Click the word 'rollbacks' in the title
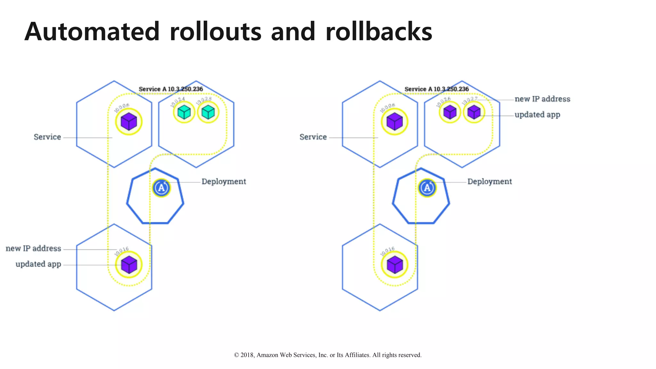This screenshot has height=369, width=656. coord(379,32)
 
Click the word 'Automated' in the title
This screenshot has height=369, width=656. coord(92,32)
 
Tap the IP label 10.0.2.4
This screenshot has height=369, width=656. coord(177,102)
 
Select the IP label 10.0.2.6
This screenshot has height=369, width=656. coord(443,102)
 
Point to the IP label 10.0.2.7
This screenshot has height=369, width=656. coord(470,101)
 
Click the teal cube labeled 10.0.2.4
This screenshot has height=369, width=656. coord(184,112)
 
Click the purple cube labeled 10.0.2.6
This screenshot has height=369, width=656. coord(450,112)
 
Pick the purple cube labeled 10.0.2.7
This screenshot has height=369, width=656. coord(474,112)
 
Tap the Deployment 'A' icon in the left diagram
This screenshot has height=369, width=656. coord(161,188)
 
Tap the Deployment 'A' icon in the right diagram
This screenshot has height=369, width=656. coord(427,188)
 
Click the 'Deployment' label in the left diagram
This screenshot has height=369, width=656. coord(224,182)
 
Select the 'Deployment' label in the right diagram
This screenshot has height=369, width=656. coord(489,182)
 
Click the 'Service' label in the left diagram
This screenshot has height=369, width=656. coord(47,137)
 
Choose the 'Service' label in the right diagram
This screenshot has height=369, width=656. coord(313,137)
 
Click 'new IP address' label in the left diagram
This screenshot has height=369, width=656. coord(33,249)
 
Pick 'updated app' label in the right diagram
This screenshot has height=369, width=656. coord(537,115)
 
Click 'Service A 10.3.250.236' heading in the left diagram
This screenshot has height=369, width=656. coord(171,89)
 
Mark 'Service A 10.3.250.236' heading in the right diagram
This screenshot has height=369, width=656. coord(437,89)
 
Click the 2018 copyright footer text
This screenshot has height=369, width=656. coord(328,355)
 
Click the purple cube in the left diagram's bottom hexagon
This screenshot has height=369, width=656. coord(129,265)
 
